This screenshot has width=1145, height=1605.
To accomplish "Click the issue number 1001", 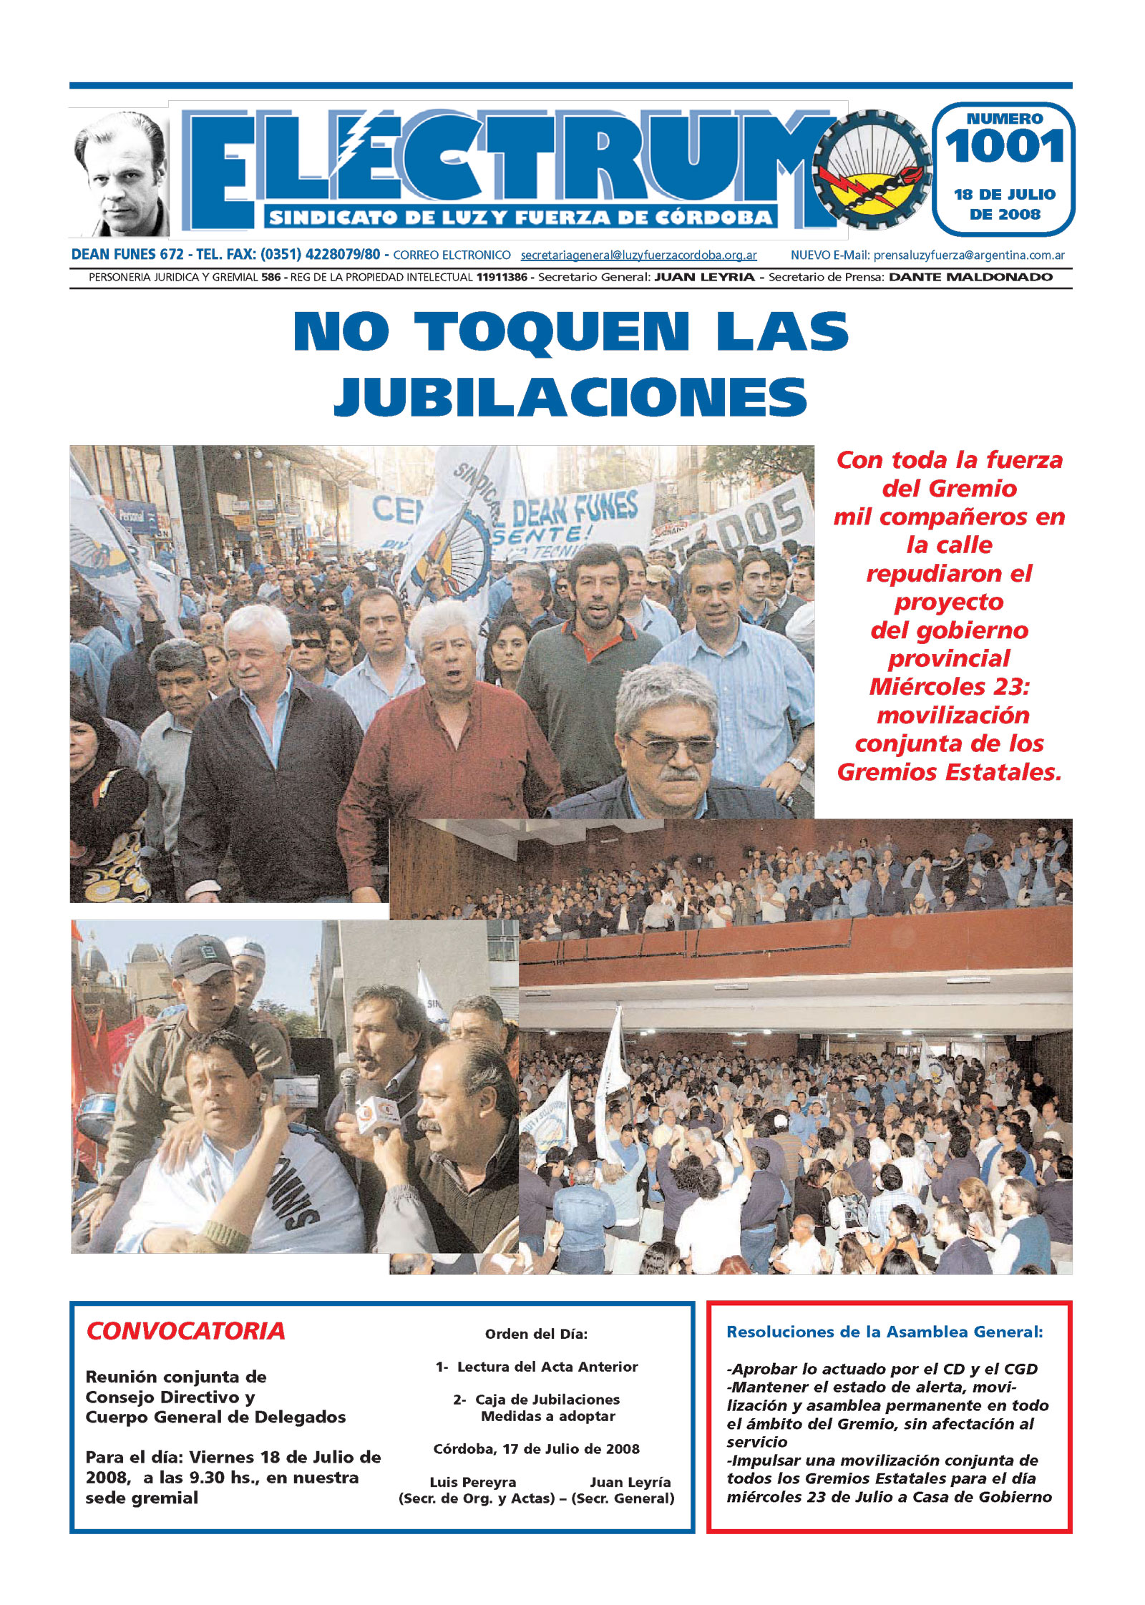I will (1004, 147).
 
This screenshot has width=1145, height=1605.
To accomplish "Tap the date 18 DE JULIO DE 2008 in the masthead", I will (1004, 204).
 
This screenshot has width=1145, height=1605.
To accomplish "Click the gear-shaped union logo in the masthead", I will (872, 170).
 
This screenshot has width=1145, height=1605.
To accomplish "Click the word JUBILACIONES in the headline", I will (570, 396).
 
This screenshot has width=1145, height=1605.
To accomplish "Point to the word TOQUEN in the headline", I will (551, 332).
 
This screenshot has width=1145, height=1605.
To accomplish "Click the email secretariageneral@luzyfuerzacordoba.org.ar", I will (638, 255).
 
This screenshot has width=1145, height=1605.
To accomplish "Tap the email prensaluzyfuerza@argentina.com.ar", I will (968, 255).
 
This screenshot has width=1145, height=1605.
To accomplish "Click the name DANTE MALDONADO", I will (970, 277).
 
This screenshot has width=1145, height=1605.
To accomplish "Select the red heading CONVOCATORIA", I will (185, 1331).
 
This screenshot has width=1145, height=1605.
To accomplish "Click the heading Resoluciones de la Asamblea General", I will (885, 1332).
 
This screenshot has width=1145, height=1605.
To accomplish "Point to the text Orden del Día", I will (536, 1334).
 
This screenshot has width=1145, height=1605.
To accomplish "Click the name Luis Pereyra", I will (472, 1482).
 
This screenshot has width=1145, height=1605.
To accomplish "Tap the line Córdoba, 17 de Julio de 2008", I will (536, 1449).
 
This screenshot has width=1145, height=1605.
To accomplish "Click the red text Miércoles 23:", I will (949, 687).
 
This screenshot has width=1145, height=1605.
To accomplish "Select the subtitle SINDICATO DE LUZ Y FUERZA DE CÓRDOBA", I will (520, 218).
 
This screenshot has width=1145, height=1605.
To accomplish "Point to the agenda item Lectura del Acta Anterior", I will (547, 1367).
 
